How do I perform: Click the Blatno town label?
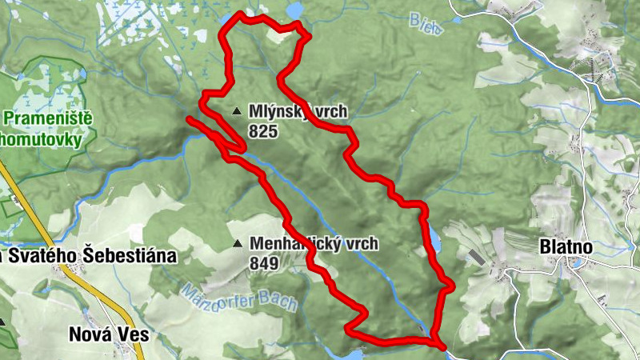pyautogui.click(x=566, y=248)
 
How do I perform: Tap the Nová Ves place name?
pyautogui.click(x=108, y=335)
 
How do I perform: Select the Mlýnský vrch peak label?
pyautogui.click(x=298, y=111)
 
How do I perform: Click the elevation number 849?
pyautogui.click(x=264, y=262)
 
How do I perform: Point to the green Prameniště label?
pyautogui.click(x=48, y=120)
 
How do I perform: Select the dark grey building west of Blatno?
pyautogui.click(x=474, y=257)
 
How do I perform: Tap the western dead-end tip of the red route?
pyautogui.click(x=189, y=119)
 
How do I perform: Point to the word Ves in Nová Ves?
pyautogui.click(x=134, y=335)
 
